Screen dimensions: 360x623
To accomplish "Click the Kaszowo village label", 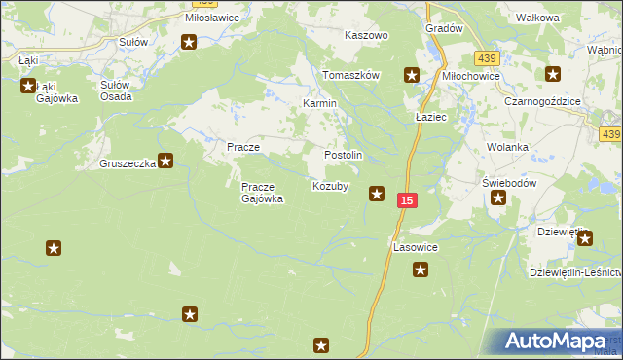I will point(367,34).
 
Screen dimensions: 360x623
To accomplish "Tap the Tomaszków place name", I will point(350,75).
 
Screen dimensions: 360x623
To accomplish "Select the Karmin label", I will point(319,102).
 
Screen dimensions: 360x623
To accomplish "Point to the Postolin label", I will point(343,155).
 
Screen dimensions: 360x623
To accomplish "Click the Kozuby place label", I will point(329,185).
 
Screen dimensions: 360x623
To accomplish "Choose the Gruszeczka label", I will point(128,163).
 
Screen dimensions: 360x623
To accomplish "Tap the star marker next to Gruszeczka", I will point(166,161).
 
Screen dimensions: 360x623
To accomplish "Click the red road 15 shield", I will point(408,199).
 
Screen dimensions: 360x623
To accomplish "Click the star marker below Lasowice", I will point(420,270).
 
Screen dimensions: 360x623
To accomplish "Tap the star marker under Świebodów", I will point(498,198).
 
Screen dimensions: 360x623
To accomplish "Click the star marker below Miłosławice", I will point(189,41).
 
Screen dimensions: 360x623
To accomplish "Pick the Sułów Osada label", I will point(120,90).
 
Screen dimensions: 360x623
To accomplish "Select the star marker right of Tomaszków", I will point(412,74).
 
